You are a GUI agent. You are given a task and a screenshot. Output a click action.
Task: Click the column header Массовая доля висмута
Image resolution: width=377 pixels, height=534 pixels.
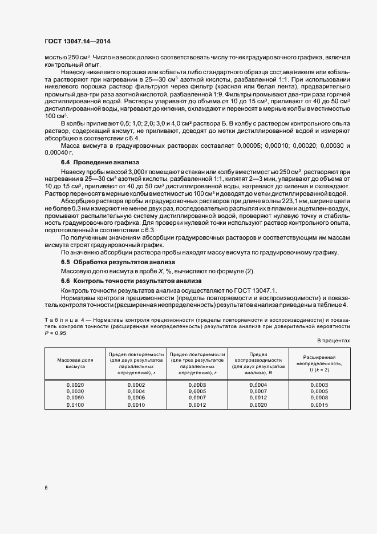coord(75,363)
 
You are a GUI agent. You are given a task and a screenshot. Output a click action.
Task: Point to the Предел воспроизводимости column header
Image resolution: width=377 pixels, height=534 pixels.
coord(258,363)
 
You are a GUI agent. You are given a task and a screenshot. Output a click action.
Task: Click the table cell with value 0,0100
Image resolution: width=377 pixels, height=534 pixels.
coord(75,404)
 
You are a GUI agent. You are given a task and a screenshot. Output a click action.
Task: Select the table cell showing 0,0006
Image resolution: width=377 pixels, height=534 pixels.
coord(136,398)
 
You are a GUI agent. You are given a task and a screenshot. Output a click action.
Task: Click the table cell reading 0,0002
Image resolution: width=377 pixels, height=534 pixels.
coord(136,385)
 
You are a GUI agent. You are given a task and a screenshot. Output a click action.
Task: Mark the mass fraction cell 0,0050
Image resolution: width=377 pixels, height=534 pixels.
coord(75,398)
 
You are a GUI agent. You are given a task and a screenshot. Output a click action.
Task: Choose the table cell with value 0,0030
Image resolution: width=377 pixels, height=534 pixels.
coord(75,391)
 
